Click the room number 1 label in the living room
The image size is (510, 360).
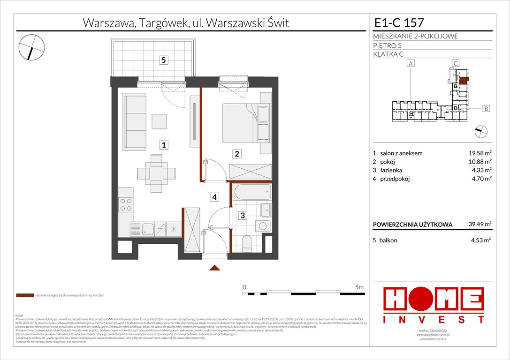pyautogui.click(x=163, y=145)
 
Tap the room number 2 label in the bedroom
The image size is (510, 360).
pyautogui.click(x=237, y=153)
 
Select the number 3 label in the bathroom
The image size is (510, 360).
pyautogui.click(x=243, y=216)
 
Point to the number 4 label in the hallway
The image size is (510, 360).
pyautogui.click(x=214, y=197)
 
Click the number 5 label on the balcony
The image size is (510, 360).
pyautogui.click(x=163, y=60)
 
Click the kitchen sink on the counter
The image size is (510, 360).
pyautogui.click(x=148, y=229)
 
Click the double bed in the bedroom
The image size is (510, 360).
pyautogui.click(x=241, y=123)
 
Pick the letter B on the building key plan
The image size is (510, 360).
pyautogui.click(x=486, y=109)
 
